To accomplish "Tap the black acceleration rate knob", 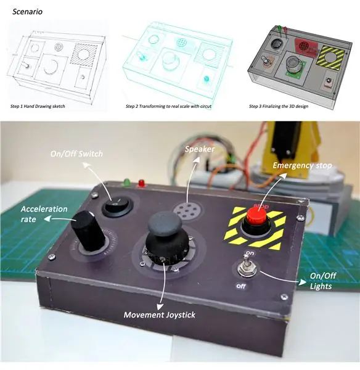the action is pos(88,231).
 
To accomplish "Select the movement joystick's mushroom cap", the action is pos(165,223).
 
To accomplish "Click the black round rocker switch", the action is pos(117,207).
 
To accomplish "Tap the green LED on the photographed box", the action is pos(126,182).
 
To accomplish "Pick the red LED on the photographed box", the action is pos(142,183).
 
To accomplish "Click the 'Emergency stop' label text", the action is pos(302,165).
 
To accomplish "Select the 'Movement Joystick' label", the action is pos(160,314).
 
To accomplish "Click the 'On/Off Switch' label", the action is pos(76,154).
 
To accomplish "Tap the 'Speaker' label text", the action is pos(200,149).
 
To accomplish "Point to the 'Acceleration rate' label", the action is pos(44,214).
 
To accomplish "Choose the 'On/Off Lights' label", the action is pos(323,281).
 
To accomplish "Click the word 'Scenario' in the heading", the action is pos(27,12).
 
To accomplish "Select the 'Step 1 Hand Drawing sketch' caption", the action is pos(38,107).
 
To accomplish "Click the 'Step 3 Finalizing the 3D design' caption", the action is pos(279,107).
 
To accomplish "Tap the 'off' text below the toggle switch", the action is pos(241,286).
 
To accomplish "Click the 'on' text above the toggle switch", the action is pos(250,253).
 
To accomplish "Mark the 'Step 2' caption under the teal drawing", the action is pos(168,107).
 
